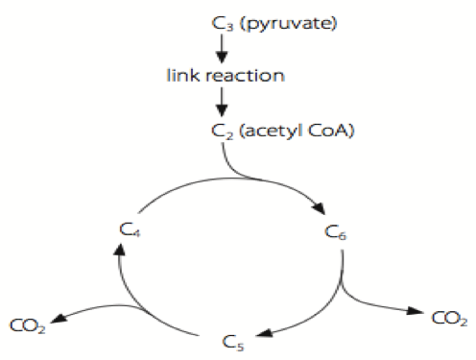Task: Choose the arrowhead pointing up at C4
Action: [x=118, y=251]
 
